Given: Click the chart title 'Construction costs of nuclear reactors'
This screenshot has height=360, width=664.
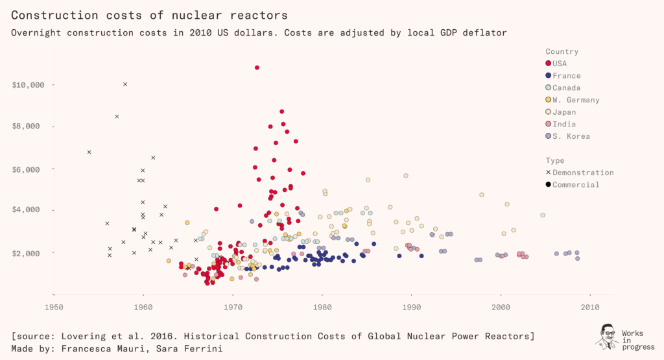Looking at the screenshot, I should (149, 14).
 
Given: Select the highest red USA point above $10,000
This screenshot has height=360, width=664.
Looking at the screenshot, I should (257, 67).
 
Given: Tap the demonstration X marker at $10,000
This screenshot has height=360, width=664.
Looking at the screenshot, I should (125, 84).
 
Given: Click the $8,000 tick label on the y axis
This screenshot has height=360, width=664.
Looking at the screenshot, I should (28, 127).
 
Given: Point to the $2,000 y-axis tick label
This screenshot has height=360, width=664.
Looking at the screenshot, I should (28, 253).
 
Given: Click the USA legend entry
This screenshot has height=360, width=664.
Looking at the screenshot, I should (560, 64).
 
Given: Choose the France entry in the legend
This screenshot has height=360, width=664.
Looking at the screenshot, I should (567, 76).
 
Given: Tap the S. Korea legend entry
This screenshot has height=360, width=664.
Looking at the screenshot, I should (571, 136).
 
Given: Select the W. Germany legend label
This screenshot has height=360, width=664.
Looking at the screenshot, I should (576, 100).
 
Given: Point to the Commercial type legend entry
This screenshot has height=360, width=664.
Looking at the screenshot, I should (576, 185).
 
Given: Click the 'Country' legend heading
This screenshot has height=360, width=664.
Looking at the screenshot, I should (562, 51).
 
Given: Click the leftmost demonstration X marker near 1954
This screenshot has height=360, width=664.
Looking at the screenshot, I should (89, 152).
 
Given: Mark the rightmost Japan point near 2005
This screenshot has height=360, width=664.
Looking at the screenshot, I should (543, 215).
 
